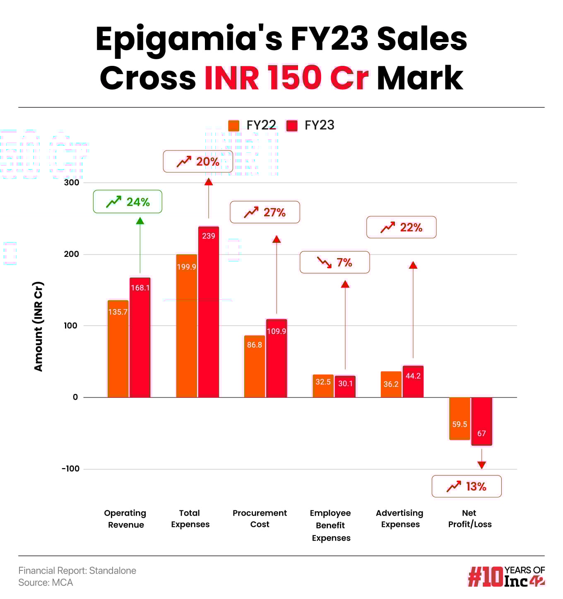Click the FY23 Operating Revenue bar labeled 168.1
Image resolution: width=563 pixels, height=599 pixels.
pyautogui.click(x=140, y=338)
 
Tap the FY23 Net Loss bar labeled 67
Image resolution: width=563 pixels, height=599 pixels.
pyautogui.click(x=481, y=421)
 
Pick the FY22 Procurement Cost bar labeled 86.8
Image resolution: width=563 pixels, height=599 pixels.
pyautogui.click(x=255, y=366)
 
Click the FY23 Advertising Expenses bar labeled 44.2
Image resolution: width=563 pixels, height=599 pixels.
pyautogui.click(x=413, y=382)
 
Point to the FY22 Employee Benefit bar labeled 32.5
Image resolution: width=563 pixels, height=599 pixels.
pyautogui.click(x=323, y=386)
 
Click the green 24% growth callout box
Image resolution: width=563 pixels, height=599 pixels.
pyautogui.click(x=128, y=202)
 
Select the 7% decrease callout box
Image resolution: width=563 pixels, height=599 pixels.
pyautogui.click(x=334, y=262)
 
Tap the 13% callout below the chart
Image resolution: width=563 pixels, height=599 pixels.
pyautogui.click(x=467, y=486)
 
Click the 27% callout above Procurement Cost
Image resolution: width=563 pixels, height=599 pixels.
pyautogui.click(x=265, y=212)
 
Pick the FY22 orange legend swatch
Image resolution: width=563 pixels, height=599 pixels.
pyautogui.click(x=234, y=126)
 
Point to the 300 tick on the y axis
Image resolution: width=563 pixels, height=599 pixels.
pyautogui.click(x=72, y=182)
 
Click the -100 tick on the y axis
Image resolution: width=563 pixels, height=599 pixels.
pyautogui.click(x=70, y=469)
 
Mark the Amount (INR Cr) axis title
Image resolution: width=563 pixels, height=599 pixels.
pyautogui.click(x=38, y=326)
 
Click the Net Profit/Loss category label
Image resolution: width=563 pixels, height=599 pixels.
pyautogui.click(x=469, y=519)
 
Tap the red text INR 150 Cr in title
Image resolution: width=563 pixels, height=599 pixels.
pyautogui.click(x=286, y=78)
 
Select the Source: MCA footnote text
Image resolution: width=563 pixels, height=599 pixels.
pyautogui.click(x=46, y=582)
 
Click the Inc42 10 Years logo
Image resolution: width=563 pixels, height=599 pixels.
pyautogui.click(x=506, y=577)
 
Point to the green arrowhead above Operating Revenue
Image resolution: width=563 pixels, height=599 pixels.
pyautogui.click(x=140, y=221)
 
